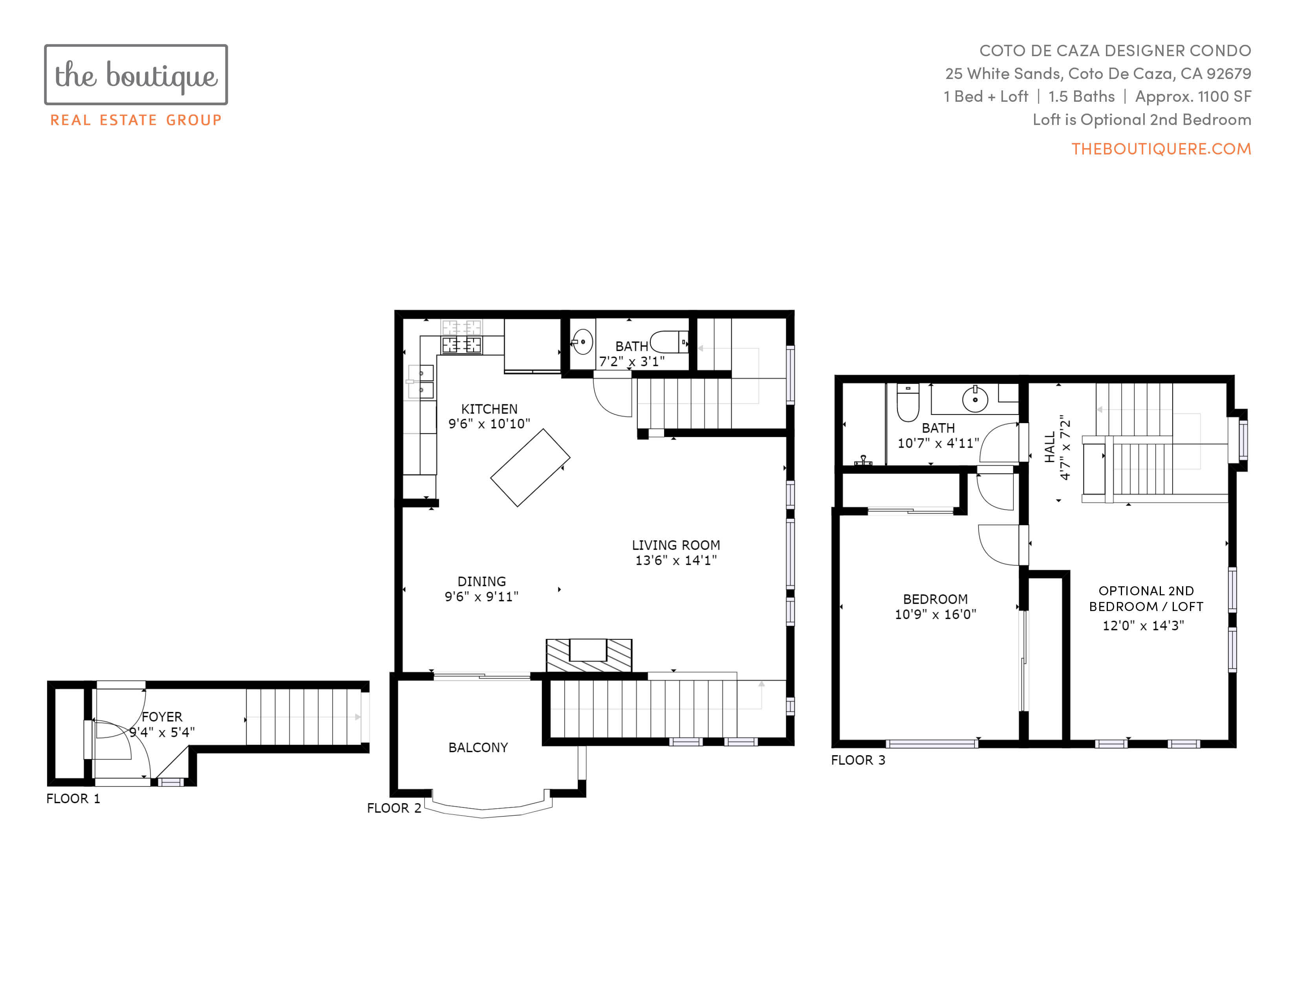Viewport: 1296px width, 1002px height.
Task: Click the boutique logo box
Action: pos(136,75)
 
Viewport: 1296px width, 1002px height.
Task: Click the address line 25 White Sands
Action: pos(1098,73)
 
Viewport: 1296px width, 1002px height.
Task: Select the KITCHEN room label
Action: pos(489,409)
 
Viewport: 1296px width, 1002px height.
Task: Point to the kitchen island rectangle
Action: pos(530,468)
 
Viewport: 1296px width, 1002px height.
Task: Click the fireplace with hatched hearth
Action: pos(589,655)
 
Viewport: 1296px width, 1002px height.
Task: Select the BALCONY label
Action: pos(478,747)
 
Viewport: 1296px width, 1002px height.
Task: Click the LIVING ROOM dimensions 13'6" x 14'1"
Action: pos(676,560)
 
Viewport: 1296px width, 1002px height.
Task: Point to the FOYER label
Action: pos(162,717)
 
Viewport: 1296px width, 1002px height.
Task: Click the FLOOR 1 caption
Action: pos(73,799)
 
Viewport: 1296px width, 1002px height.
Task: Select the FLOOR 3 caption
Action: pos(858,760)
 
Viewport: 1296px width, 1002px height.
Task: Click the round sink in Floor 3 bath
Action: pos(975,399)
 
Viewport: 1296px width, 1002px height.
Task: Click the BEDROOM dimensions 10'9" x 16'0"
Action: pos(935,615)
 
